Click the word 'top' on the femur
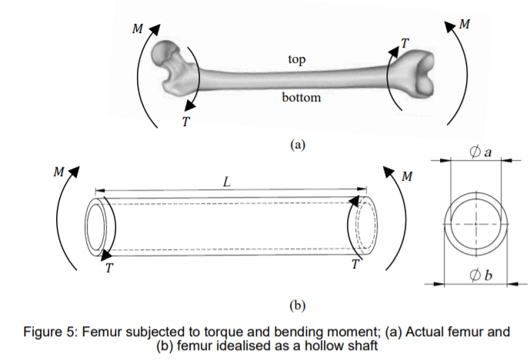pos(295,59)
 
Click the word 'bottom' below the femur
pos(301,98)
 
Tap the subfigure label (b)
pos(298,305)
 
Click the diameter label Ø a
pos(480,152)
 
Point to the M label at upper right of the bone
pos(464,24)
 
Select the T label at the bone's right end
pos(404,43)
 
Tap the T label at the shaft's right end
pos(354,265)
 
